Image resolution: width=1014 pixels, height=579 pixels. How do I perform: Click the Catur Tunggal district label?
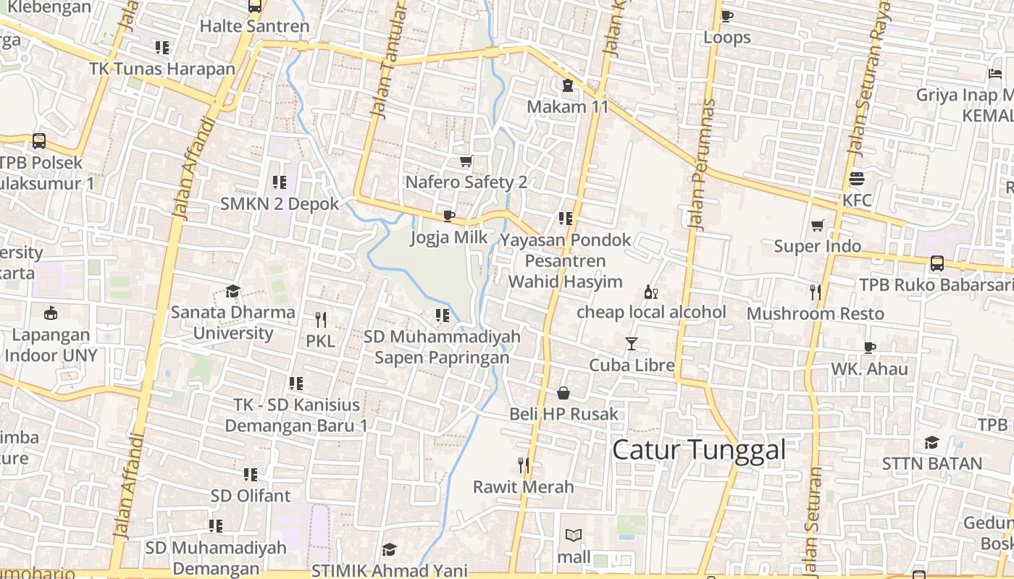[x=699, y=449]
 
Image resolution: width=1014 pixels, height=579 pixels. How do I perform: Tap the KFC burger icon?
[x=857, y=179]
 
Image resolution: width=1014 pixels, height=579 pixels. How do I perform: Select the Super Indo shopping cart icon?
[x=818, y=225]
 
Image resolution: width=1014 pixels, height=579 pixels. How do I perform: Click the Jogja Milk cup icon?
[x=448, y=216]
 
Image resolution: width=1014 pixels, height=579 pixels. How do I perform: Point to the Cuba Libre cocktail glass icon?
[x=632, y=343]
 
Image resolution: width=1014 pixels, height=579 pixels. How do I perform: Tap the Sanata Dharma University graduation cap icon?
[x=232, y=291]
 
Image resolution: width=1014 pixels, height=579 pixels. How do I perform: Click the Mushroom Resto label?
[x=815, y=313]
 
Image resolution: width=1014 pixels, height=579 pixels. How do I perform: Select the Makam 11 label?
[x=567, y=107]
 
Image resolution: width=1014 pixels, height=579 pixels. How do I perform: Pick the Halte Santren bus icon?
[x=254, y=7]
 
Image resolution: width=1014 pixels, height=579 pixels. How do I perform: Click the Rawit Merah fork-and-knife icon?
[x=524, y=465]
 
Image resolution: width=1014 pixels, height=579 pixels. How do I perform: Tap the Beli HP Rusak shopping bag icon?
[x=563, y=393]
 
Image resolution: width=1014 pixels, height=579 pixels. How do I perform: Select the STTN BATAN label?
[x=931, y=463]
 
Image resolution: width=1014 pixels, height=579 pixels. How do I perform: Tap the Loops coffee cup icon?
[x=727, y=16]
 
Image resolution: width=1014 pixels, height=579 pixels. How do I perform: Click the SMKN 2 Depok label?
[x=280, y=203]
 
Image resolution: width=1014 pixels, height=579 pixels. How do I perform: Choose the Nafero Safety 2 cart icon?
[x=466, y=161]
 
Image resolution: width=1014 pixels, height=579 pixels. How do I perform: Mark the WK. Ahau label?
[x=869, y=368]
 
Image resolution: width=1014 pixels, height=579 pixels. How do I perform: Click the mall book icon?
[x=574, y=536]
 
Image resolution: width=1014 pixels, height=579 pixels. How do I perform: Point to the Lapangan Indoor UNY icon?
[x=51, y=313]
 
